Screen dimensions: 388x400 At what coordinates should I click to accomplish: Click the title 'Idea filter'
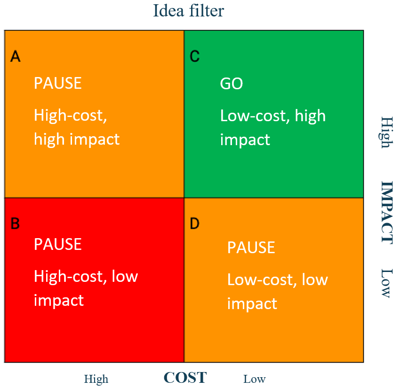pyautogui.click(x=188, y=10)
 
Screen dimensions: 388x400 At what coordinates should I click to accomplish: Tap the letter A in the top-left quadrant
pyautogui.click(x=16, y=57)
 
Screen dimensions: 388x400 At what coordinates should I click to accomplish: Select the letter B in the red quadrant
pyautogui.click(x=15, y=224)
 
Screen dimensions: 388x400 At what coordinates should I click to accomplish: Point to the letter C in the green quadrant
pyautogui.click(x=194, y=57)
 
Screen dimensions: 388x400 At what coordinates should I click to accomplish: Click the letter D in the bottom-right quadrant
pyautogui.click(x=194, y=224)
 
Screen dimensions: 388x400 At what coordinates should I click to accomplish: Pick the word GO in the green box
pyautogui.click(x=232, y=84)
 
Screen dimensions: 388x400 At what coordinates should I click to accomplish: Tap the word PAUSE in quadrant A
pyautogui.click(x=57, y=83)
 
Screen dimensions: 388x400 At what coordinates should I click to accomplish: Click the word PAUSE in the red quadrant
pyautogui.click(x=57, y=244)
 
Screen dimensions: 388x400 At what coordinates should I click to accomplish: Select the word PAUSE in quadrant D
pyautogui.click(x=251, y=248)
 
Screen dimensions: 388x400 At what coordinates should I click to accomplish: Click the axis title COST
pyautogui.click(x=185, y=378)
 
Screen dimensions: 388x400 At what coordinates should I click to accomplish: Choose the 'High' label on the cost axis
pyautogui.click(x=96, y=379)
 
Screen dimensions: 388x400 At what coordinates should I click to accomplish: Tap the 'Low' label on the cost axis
pyautogui.click(x=255, y=379)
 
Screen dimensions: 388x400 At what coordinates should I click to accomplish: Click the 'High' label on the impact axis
pyautogui.click(x=386, y=132)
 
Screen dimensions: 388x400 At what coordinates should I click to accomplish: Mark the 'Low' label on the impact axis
pyautogui.click(x=386, y=283)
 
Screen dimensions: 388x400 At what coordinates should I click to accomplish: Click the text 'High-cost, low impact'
pyautogui.click(x=86, y=287)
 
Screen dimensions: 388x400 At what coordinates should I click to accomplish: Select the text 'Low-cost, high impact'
pyautogui.click(x=272, y=127)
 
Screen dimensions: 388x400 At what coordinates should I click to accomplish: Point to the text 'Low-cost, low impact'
pyautogui.click(x=277, y=291)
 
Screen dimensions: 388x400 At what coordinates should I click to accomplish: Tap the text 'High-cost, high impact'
pyautogui.click(x=77, y=127)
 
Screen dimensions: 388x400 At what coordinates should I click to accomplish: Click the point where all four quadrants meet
pyautogui.click(x=184, y=198)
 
